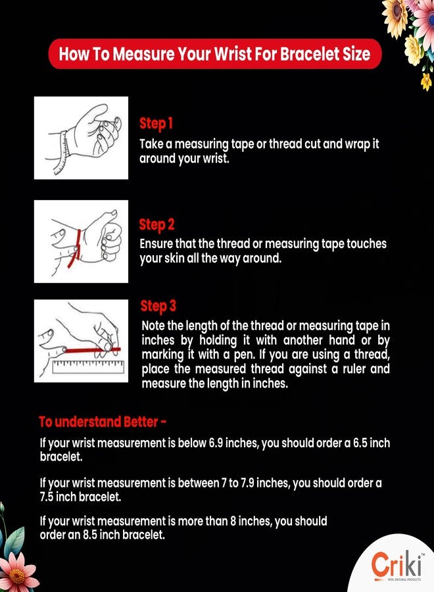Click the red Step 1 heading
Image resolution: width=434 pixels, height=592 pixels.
(157, 124)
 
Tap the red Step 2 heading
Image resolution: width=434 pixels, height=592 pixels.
(157, 225)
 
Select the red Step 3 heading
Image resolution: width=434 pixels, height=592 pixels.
(158, 306)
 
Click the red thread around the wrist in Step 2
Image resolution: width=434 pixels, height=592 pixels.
(75, 248)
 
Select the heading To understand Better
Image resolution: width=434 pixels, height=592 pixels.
(103, 422)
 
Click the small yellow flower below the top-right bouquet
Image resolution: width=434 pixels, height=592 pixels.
(426, 82)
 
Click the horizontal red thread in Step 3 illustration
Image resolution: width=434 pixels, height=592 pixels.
(93, 350)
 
